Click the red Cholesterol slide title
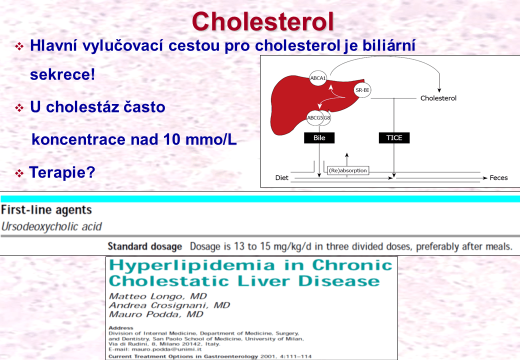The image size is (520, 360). tap(262, 21)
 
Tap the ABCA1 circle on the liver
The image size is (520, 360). tap(317, 78)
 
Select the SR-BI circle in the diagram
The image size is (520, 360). tap(362, 90)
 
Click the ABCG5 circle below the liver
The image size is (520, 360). tap(314, 117)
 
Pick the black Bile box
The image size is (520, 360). tap(319, 138)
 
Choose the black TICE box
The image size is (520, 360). tap(394, 138)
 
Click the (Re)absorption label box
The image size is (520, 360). tap(348, 170)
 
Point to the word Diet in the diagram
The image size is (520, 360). tap(281, 177)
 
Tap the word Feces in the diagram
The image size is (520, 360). tap(498, 177)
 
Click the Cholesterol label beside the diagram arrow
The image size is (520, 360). tap(438, 98)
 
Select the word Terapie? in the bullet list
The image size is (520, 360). tap(62, 172)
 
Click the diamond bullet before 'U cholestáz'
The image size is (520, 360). tap(19, 107)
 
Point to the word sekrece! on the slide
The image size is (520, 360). tap(62, 74)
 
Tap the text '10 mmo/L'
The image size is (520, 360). tap(200, 139)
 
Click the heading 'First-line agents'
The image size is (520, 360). tap(46, 210)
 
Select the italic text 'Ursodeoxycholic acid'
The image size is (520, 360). tap(51, 226)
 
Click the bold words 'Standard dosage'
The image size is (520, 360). tap(145, 246)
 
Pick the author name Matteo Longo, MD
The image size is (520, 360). tap(158, 296)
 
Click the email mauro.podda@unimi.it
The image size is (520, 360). tap(166, 349)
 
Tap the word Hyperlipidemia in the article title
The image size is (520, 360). tap(192, 265)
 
